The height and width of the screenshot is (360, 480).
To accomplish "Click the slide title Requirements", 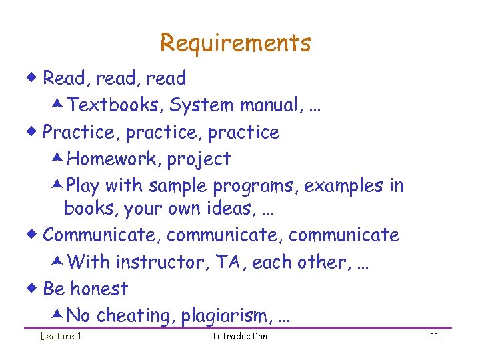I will (x=235, y=43).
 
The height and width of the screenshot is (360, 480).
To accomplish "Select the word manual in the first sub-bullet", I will (x=266, y=105).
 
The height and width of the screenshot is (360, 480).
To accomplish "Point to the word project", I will (x=199, y=160).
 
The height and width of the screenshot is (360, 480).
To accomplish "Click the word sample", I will (x=173, y=186).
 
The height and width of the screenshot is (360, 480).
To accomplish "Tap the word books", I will (x=87, y=209).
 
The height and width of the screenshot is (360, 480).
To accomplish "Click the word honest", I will (x=99, y=289).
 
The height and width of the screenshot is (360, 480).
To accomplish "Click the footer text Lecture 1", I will (x=61, y=336).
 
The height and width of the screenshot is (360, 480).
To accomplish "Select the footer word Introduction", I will (x=239, y=336).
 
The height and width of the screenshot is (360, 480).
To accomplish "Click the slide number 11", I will (x=434, y=336).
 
